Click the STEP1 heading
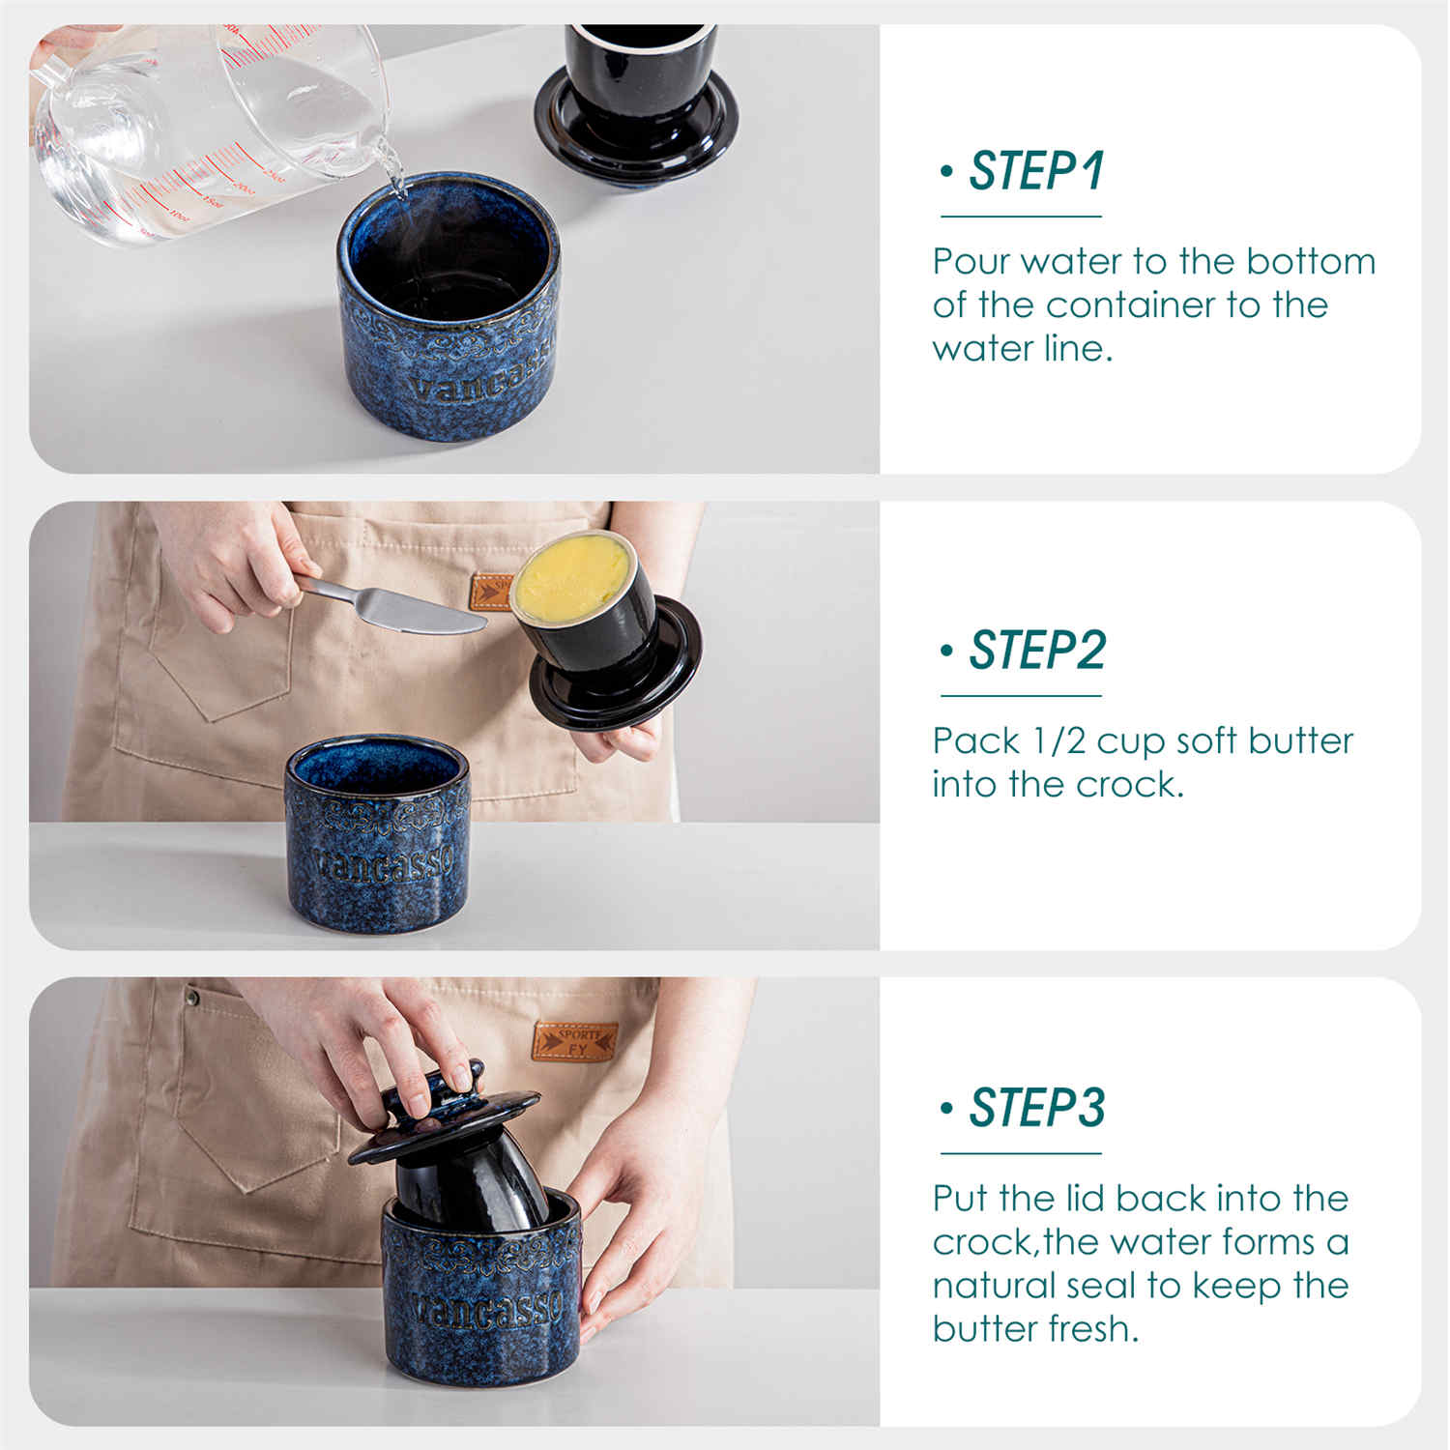click(1035, 171)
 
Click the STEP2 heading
click(1036, 650)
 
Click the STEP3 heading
click(1036, 1108)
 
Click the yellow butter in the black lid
click(570, 577)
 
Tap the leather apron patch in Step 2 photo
click(491, 593)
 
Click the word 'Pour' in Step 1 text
click(970, 262)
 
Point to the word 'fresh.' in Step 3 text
click(1093, 1329)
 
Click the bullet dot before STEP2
click(945, 650)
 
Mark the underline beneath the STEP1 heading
click(1021, 217)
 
